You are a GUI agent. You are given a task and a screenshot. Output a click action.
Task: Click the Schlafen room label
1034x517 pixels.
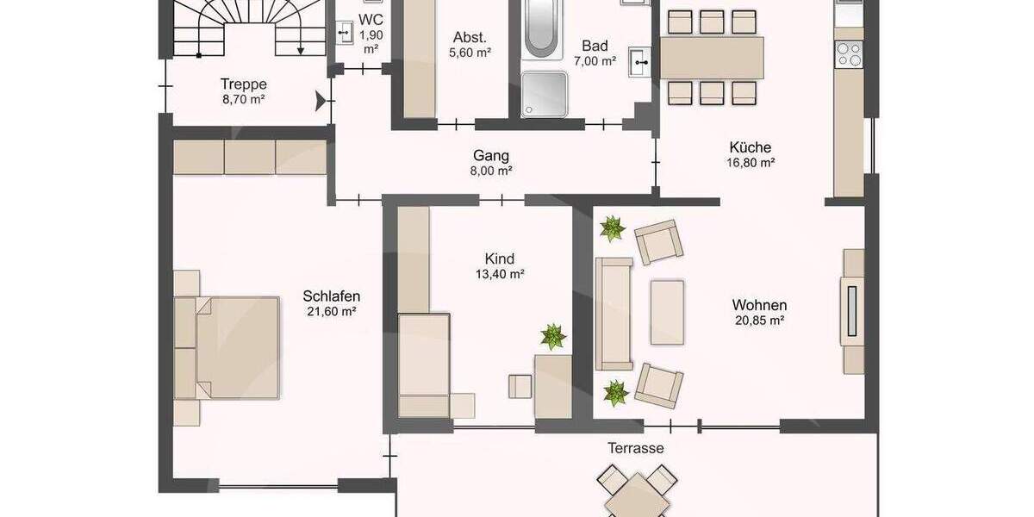tap(331, 296)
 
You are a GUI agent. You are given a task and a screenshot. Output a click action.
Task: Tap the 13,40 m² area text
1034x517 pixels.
tap(500, 275)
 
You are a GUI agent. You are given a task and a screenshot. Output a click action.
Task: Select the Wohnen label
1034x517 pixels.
tap(759, 305)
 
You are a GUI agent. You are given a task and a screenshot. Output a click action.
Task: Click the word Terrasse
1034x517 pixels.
tap(636, 448)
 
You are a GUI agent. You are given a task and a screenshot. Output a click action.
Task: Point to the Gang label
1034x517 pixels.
tap(491, 156)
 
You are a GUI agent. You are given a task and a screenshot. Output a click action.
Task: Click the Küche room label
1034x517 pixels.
tap(750, 147)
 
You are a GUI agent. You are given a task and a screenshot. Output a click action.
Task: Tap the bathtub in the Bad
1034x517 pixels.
tap(541, 27)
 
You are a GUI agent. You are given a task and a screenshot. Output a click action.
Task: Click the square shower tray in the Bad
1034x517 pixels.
tap(545, 93)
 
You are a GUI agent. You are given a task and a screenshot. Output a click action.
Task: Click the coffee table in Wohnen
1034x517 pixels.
tap(667, 311)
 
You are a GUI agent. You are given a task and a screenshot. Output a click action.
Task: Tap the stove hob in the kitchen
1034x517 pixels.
tap(848, 54)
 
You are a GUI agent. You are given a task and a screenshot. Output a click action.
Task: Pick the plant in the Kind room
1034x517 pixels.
tap(552, 336)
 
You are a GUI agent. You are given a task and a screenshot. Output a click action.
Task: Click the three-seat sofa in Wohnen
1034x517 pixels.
tap(614, 313)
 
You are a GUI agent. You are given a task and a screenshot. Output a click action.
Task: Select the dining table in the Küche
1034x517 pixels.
tap(712, 57)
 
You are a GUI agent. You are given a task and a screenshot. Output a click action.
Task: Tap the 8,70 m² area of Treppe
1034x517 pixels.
tap(243, 100)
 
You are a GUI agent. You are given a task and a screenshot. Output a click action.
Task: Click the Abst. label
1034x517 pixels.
tap(470, 37)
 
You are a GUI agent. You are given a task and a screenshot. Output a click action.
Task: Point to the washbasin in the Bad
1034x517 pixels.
tap(640, 59)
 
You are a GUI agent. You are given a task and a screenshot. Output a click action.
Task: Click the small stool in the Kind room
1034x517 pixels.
tap(520, 387)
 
